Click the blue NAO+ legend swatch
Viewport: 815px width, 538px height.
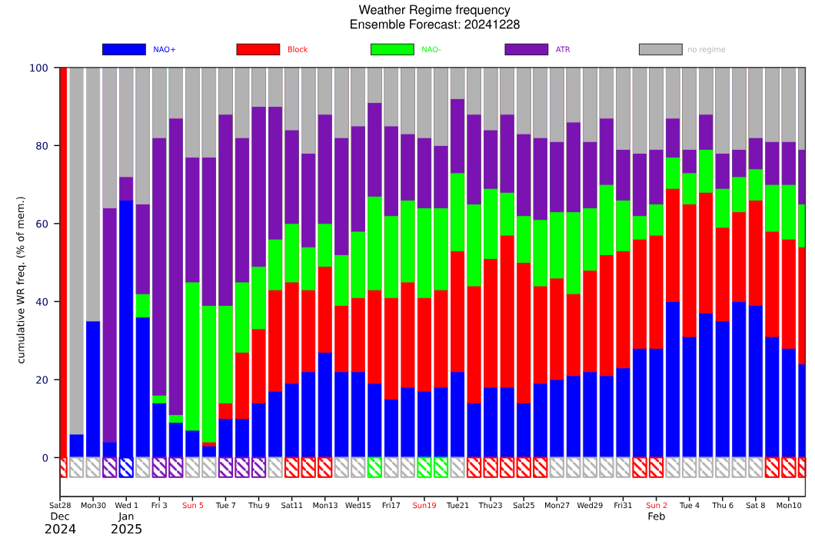pos(124,49)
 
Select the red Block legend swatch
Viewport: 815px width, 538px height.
pos(258,49)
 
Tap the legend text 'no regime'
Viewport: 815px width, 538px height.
pos(706,50)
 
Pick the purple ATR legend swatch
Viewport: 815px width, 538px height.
pos(526,49)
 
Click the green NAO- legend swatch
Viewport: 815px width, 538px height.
pos(392,49)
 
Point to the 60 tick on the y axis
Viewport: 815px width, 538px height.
pos(42,224)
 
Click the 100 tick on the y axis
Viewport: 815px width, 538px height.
pos(39,68)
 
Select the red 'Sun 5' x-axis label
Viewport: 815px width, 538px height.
pos(193,505)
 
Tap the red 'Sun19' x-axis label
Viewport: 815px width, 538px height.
pos(424,505)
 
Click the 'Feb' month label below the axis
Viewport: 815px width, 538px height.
pos(656,516)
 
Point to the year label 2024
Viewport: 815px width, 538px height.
pos(60,530)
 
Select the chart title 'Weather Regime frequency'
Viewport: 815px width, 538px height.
pos(434,10)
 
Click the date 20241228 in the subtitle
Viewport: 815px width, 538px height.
pos(492,25)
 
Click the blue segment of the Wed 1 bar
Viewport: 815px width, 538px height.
pos(126,329)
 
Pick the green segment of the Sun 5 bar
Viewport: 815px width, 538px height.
pos(192,357)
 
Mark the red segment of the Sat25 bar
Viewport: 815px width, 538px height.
pos(524,334)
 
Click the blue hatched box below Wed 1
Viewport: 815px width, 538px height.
pos(126,467)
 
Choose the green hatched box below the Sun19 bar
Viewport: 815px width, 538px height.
pos(424,467)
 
